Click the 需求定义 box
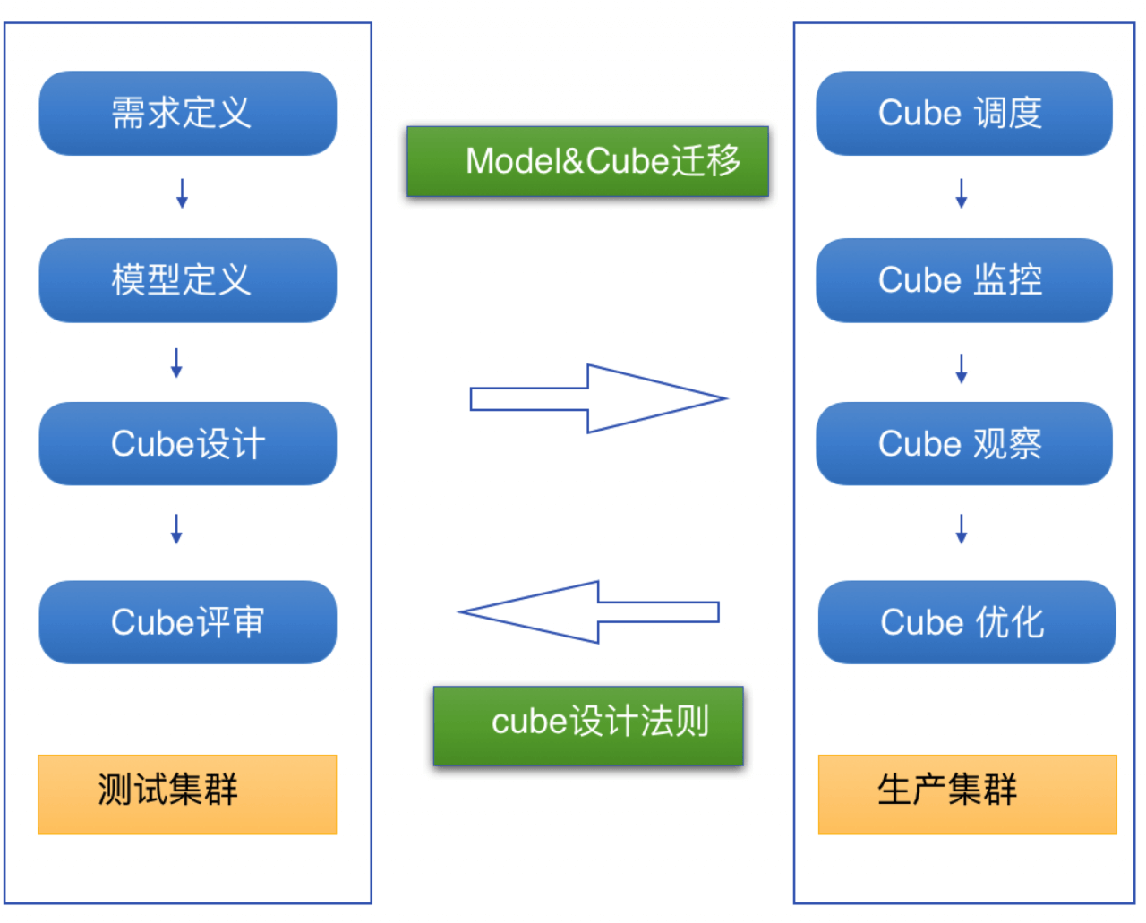187,114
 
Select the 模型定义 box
187,280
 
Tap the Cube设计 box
187,444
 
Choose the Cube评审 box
187,622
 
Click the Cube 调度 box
963,114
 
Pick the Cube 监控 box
963,280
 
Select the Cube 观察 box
963,444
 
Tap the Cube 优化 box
966,622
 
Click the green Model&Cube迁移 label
587,162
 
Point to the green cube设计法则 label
588,726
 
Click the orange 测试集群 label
187,795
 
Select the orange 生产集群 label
967,795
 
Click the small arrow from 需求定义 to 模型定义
182,193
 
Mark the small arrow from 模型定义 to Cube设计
176,363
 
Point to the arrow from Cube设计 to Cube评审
176,529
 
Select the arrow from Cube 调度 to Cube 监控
962,193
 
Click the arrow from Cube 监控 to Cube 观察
962,368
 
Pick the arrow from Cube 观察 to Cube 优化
962,529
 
